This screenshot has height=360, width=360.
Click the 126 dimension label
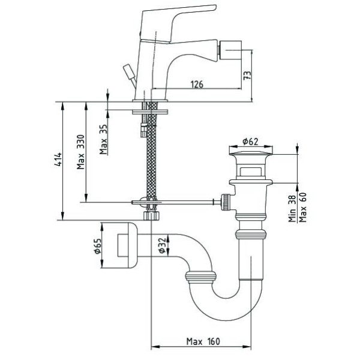click(x=197, y=84)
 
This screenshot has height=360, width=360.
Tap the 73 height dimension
click(x=247, y=76)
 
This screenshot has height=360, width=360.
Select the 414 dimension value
click(x=58, y=159)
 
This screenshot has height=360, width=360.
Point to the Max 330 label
click(x=81, y=152)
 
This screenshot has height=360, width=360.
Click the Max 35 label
click(x=104, y=139)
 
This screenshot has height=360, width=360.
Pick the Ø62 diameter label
click(x=250, y=142)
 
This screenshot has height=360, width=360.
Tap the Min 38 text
click(x=292, y=208)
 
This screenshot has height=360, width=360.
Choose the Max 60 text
click(x=303, y=207)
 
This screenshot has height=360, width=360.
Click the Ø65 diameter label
click(x=98, y=245)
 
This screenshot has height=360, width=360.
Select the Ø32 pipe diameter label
click(x=163, y=245)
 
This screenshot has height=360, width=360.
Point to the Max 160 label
click(x=203, y=341)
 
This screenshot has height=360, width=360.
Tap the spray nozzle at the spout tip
click(x=230, y=49)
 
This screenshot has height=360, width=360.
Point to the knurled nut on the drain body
click(x=225, y=202)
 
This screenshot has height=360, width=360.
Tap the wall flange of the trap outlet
click(x=127, y=245)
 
